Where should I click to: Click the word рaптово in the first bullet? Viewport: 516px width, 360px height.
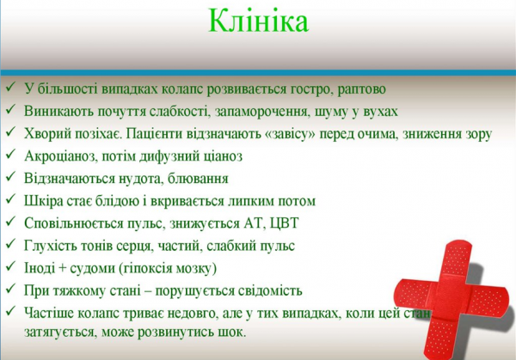coord(354,88)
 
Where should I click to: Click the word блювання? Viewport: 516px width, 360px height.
coord(197,179)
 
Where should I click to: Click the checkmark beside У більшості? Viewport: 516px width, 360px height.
coord(10,88)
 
